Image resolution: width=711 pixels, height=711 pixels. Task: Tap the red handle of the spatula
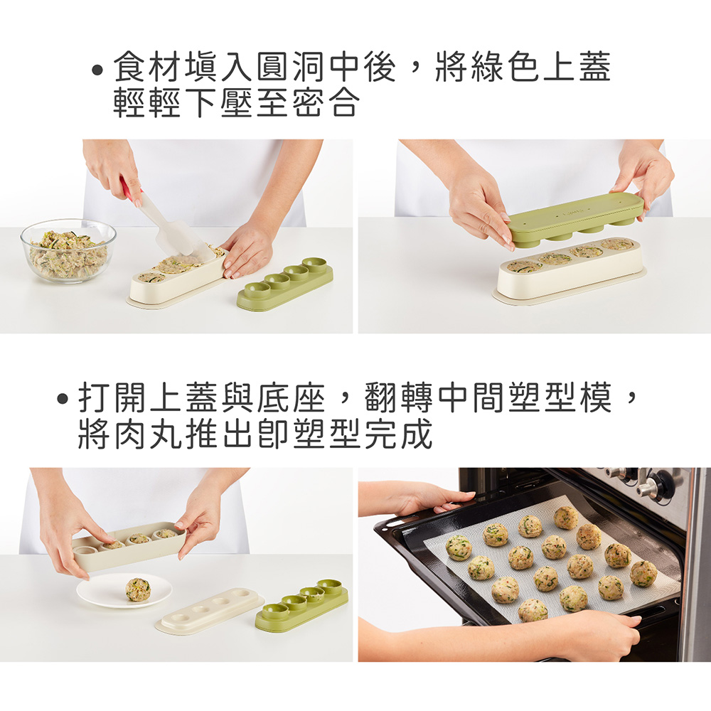(130, 189)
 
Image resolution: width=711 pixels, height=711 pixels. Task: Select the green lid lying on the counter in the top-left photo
(285, 285)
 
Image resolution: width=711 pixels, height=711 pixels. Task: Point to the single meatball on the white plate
(138, 589)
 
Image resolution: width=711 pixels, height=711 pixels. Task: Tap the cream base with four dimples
(210, 609)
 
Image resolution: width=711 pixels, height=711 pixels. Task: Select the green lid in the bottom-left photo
(301, 606)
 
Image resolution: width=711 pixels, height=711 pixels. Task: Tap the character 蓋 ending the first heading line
(594, 67)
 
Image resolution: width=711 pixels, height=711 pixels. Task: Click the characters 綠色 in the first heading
(506, 67)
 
